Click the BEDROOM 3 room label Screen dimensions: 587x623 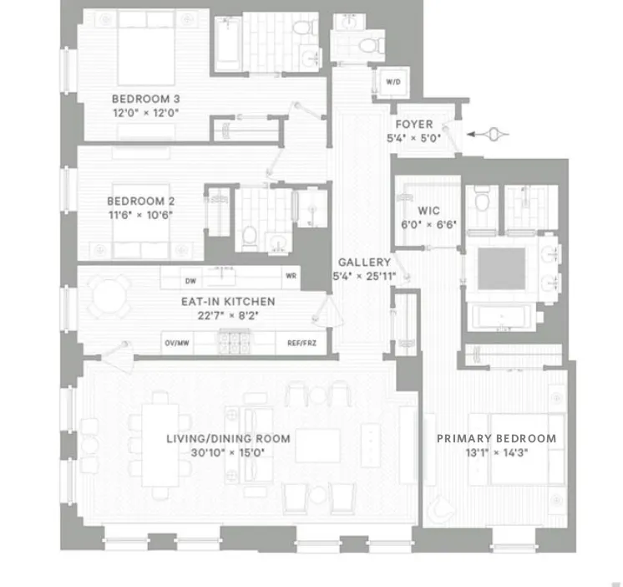146,99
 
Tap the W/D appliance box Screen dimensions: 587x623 393,82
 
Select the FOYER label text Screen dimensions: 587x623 414,125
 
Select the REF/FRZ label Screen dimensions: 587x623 301,342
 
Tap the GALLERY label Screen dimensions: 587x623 364,262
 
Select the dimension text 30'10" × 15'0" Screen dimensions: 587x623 228,452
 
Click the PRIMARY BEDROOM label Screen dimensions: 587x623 496,438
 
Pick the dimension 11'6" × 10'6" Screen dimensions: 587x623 140,214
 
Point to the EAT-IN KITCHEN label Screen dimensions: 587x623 228,302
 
